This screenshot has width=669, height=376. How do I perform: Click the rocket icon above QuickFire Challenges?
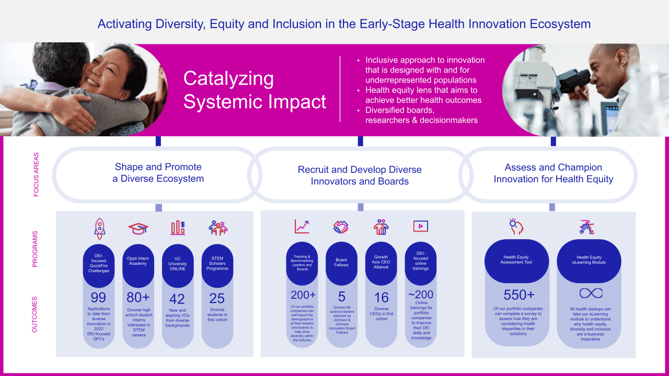coord(99,228)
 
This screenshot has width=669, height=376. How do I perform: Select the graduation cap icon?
coord(139,228)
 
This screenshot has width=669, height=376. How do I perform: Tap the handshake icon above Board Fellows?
coord(341,227)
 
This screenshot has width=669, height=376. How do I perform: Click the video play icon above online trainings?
coord(421,226)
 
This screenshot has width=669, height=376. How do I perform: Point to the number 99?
coord(98,298)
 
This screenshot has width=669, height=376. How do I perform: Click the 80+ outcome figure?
coord(138,298)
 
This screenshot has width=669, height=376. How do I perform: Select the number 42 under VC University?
coord(177,298)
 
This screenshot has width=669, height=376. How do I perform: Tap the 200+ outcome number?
coord(303,296)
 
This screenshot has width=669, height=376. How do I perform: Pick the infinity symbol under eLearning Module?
coord(591,293)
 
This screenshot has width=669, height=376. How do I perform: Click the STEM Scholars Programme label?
coord(217,262)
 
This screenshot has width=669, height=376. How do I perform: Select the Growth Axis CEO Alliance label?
coord(381,262)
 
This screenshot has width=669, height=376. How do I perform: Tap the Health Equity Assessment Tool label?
coord(516,260)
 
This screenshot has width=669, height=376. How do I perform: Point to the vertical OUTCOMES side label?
coord(36,315)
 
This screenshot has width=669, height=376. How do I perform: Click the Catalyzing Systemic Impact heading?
coord(255,90)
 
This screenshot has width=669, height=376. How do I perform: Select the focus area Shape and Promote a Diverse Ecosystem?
coord(158,173)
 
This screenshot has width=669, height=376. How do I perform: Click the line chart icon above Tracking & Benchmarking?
coord(302,226)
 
